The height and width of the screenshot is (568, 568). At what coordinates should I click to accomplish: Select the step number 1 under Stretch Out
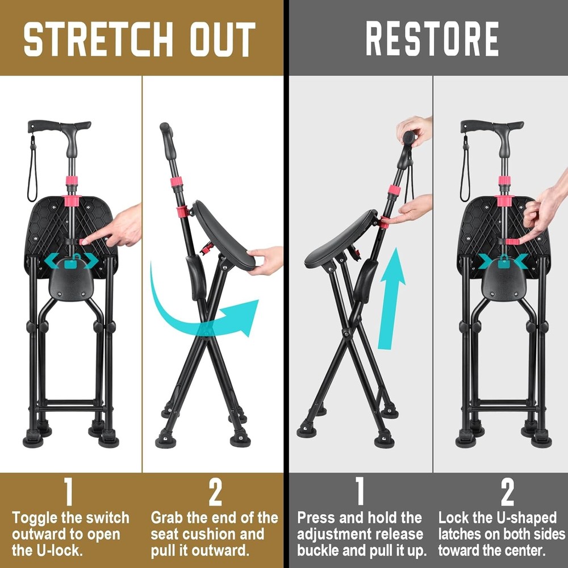[68, 492]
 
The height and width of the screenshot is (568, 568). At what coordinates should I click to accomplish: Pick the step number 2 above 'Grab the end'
[215, 492]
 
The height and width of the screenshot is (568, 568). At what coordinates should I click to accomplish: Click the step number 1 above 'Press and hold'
[360, 492]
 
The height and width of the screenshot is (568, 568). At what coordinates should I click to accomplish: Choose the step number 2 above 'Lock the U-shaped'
[507, 492]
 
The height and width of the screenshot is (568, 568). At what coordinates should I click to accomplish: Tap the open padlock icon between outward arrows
[71, 262]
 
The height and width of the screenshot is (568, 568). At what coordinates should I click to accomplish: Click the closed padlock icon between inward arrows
[504, 261]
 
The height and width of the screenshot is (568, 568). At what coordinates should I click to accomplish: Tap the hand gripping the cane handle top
[415, 130]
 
